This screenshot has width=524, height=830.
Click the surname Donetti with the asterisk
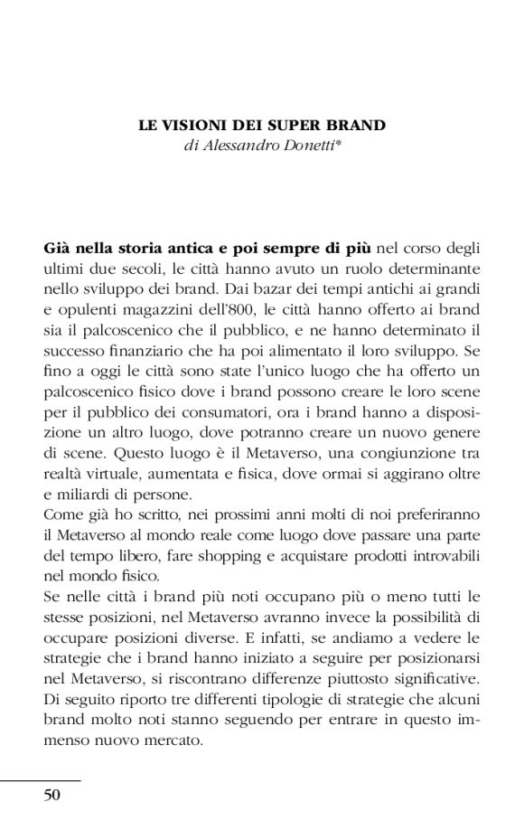point(322,146)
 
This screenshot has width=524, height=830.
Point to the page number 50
point(51,796)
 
